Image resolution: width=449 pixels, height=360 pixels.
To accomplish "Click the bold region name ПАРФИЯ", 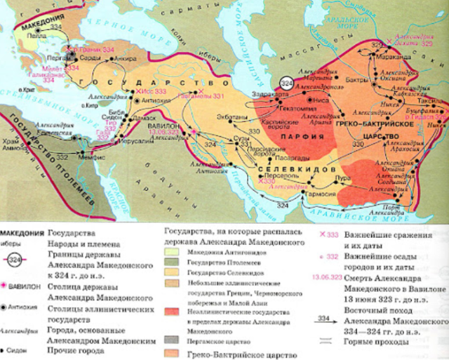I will [290, 136].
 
